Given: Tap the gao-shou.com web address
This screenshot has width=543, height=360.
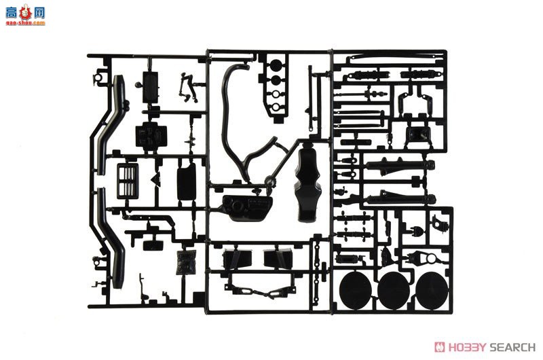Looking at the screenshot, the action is pyautogui.click(x=23, y=22).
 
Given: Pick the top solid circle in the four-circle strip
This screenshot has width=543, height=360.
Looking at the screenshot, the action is pyautogui.click(x=276, y=67).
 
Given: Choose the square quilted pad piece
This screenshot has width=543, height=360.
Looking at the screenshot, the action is pyautogui.click(x=184, y=262).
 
